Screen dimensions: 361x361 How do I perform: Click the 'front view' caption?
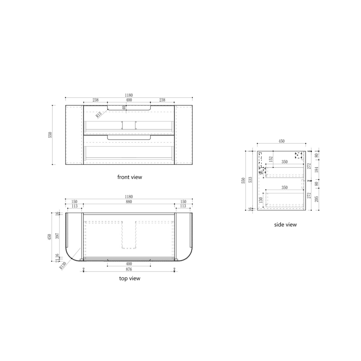[x=129, y=177]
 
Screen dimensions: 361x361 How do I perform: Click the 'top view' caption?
[x=129, y=278]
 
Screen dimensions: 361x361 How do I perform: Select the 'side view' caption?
[x=285, y=225]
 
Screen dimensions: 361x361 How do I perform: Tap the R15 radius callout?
[x=99, y=115]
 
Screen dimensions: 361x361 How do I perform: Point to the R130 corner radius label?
[x=63, y=265]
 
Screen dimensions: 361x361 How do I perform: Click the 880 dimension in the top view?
[x=129, y=202]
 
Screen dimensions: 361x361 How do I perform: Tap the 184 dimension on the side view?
[x=317, y=169]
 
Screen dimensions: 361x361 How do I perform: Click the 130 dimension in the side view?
[x=261, y=200]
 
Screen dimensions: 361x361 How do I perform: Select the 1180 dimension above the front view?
[x=129, y=95]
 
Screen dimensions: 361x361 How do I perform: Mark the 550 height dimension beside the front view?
[x=50, y=135]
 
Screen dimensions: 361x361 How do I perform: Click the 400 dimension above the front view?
[x=129, y=100]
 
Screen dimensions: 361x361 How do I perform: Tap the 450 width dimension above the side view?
[x=281, y=141]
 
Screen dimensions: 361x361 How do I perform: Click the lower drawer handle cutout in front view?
[x=129, y=137]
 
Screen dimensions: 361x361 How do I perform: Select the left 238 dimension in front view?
[x=95, y=100]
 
